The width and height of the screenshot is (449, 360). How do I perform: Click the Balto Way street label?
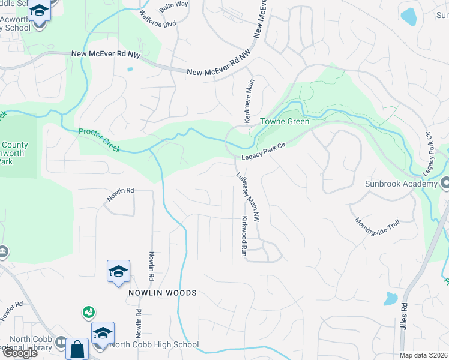(173, 5)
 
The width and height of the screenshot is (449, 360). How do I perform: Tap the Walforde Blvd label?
(157, 19)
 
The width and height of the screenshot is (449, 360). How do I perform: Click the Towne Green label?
(285, 122)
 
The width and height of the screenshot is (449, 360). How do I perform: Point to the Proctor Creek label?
(100, 140)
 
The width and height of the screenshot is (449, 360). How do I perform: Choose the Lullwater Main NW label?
(247, 195)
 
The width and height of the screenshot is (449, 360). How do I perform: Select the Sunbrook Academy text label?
(399, 183)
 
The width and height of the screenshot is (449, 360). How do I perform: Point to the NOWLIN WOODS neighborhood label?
(162, 293)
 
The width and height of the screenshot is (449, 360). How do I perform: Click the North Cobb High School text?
(154, 344)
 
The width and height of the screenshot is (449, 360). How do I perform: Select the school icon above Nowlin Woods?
(118, 272)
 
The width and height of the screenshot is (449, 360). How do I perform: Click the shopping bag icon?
(77, 349)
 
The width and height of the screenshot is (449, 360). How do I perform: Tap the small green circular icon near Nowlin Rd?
(89, 312)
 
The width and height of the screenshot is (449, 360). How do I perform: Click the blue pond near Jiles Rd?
(391, 298)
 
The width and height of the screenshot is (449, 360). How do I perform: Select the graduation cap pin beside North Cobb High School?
(103, 333)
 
